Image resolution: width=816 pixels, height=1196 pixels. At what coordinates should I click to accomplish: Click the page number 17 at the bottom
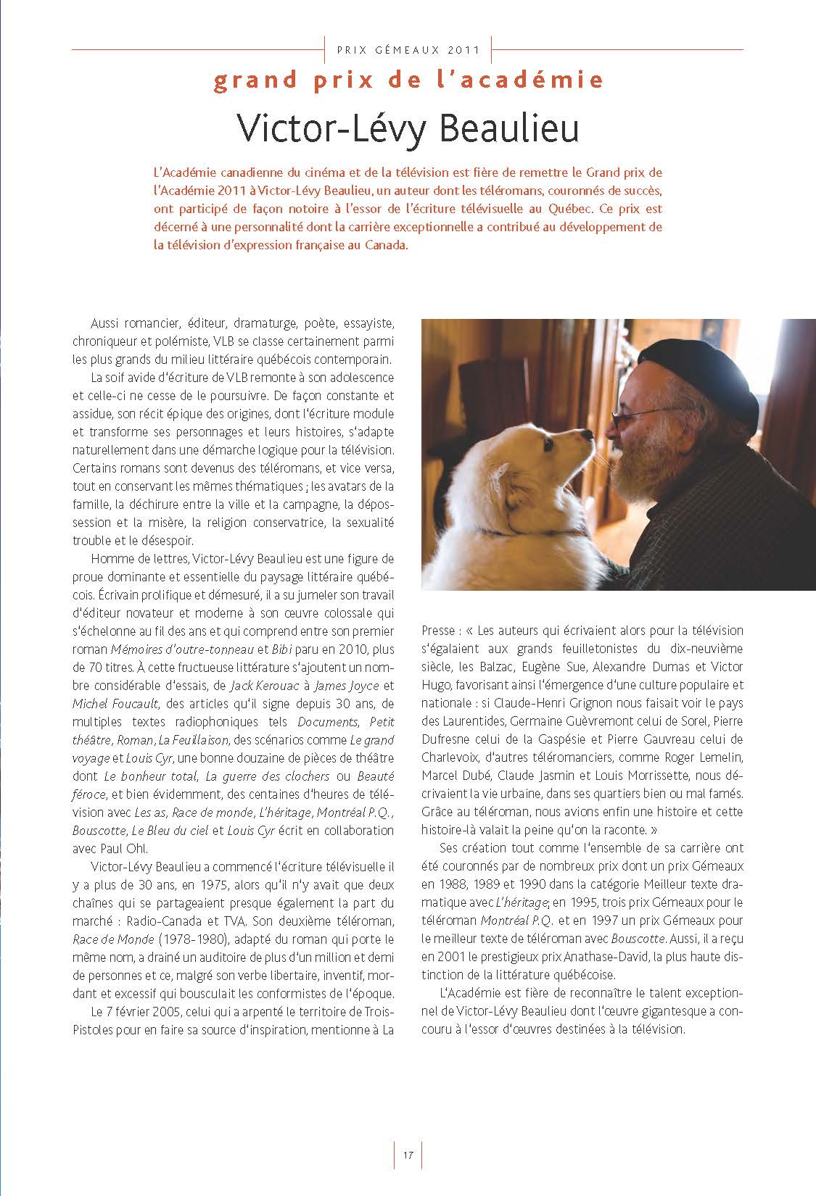tap(408, 1155)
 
